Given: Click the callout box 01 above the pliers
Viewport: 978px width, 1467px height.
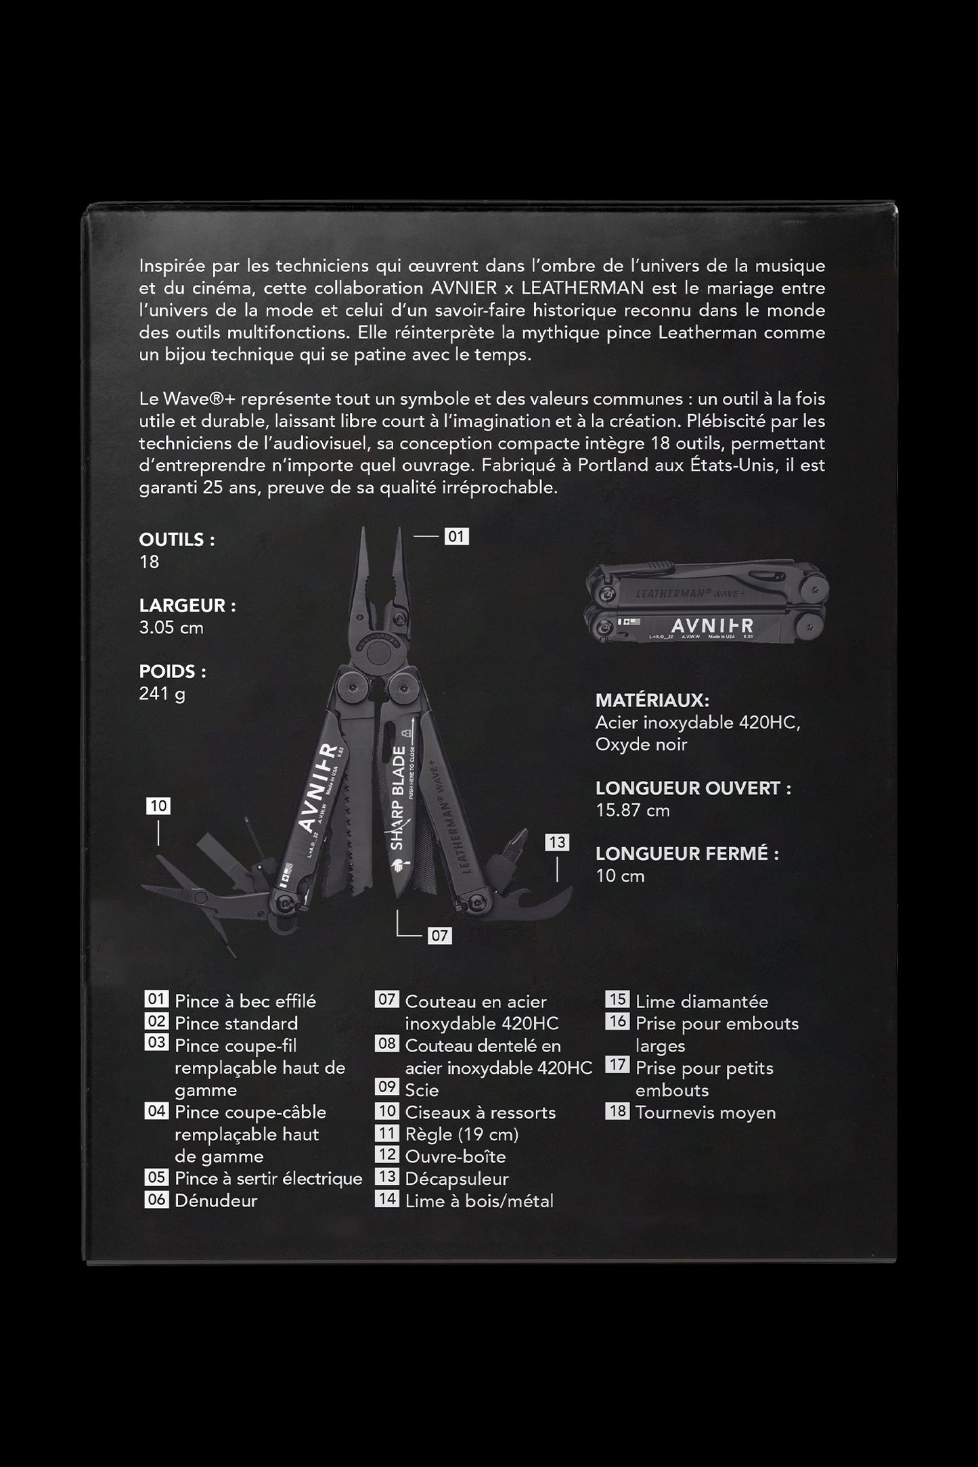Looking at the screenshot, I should pos(456,537).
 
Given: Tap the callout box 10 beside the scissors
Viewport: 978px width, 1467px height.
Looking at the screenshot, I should pos(158,806).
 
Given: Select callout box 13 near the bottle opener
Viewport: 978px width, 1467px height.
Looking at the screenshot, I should pos(557,842).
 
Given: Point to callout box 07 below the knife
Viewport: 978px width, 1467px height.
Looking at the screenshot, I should pos(439,936).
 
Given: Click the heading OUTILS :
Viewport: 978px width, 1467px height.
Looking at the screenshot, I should pos(177,540).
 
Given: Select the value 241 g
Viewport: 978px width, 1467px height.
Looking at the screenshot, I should pos(162,694).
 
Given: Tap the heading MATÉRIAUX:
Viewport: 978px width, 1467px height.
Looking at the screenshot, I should pos(652,700).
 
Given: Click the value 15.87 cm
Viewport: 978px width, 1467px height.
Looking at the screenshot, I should pos(632,810).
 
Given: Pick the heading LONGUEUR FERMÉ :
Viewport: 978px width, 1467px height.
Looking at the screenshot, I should pos(687,854).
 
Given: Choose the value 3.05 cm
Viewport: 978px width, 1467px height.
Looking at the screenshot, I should pos(171,627).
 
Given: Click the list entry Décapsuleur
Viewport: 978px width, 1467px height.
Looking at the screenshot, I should pos(456,1179).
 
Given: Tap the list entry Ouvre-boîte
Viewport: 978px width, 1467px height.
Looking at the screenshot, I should pos(455,1156).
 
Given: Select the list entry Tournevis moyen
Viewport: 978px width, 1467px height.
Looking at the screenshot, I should pos(705,1112).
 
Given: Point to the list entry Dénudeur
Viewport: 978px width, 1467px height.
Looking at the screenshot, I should pos(216,1200).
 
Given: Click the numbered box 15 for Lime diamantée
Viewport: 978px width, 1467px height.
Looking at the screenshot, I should pos(617,1000).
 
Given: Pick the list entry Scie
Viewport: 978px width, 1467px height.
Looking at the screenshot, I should pos(422,1090).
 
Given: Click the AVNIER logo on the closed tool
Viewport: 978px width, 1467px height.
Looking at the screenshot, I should pos(712,626).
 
